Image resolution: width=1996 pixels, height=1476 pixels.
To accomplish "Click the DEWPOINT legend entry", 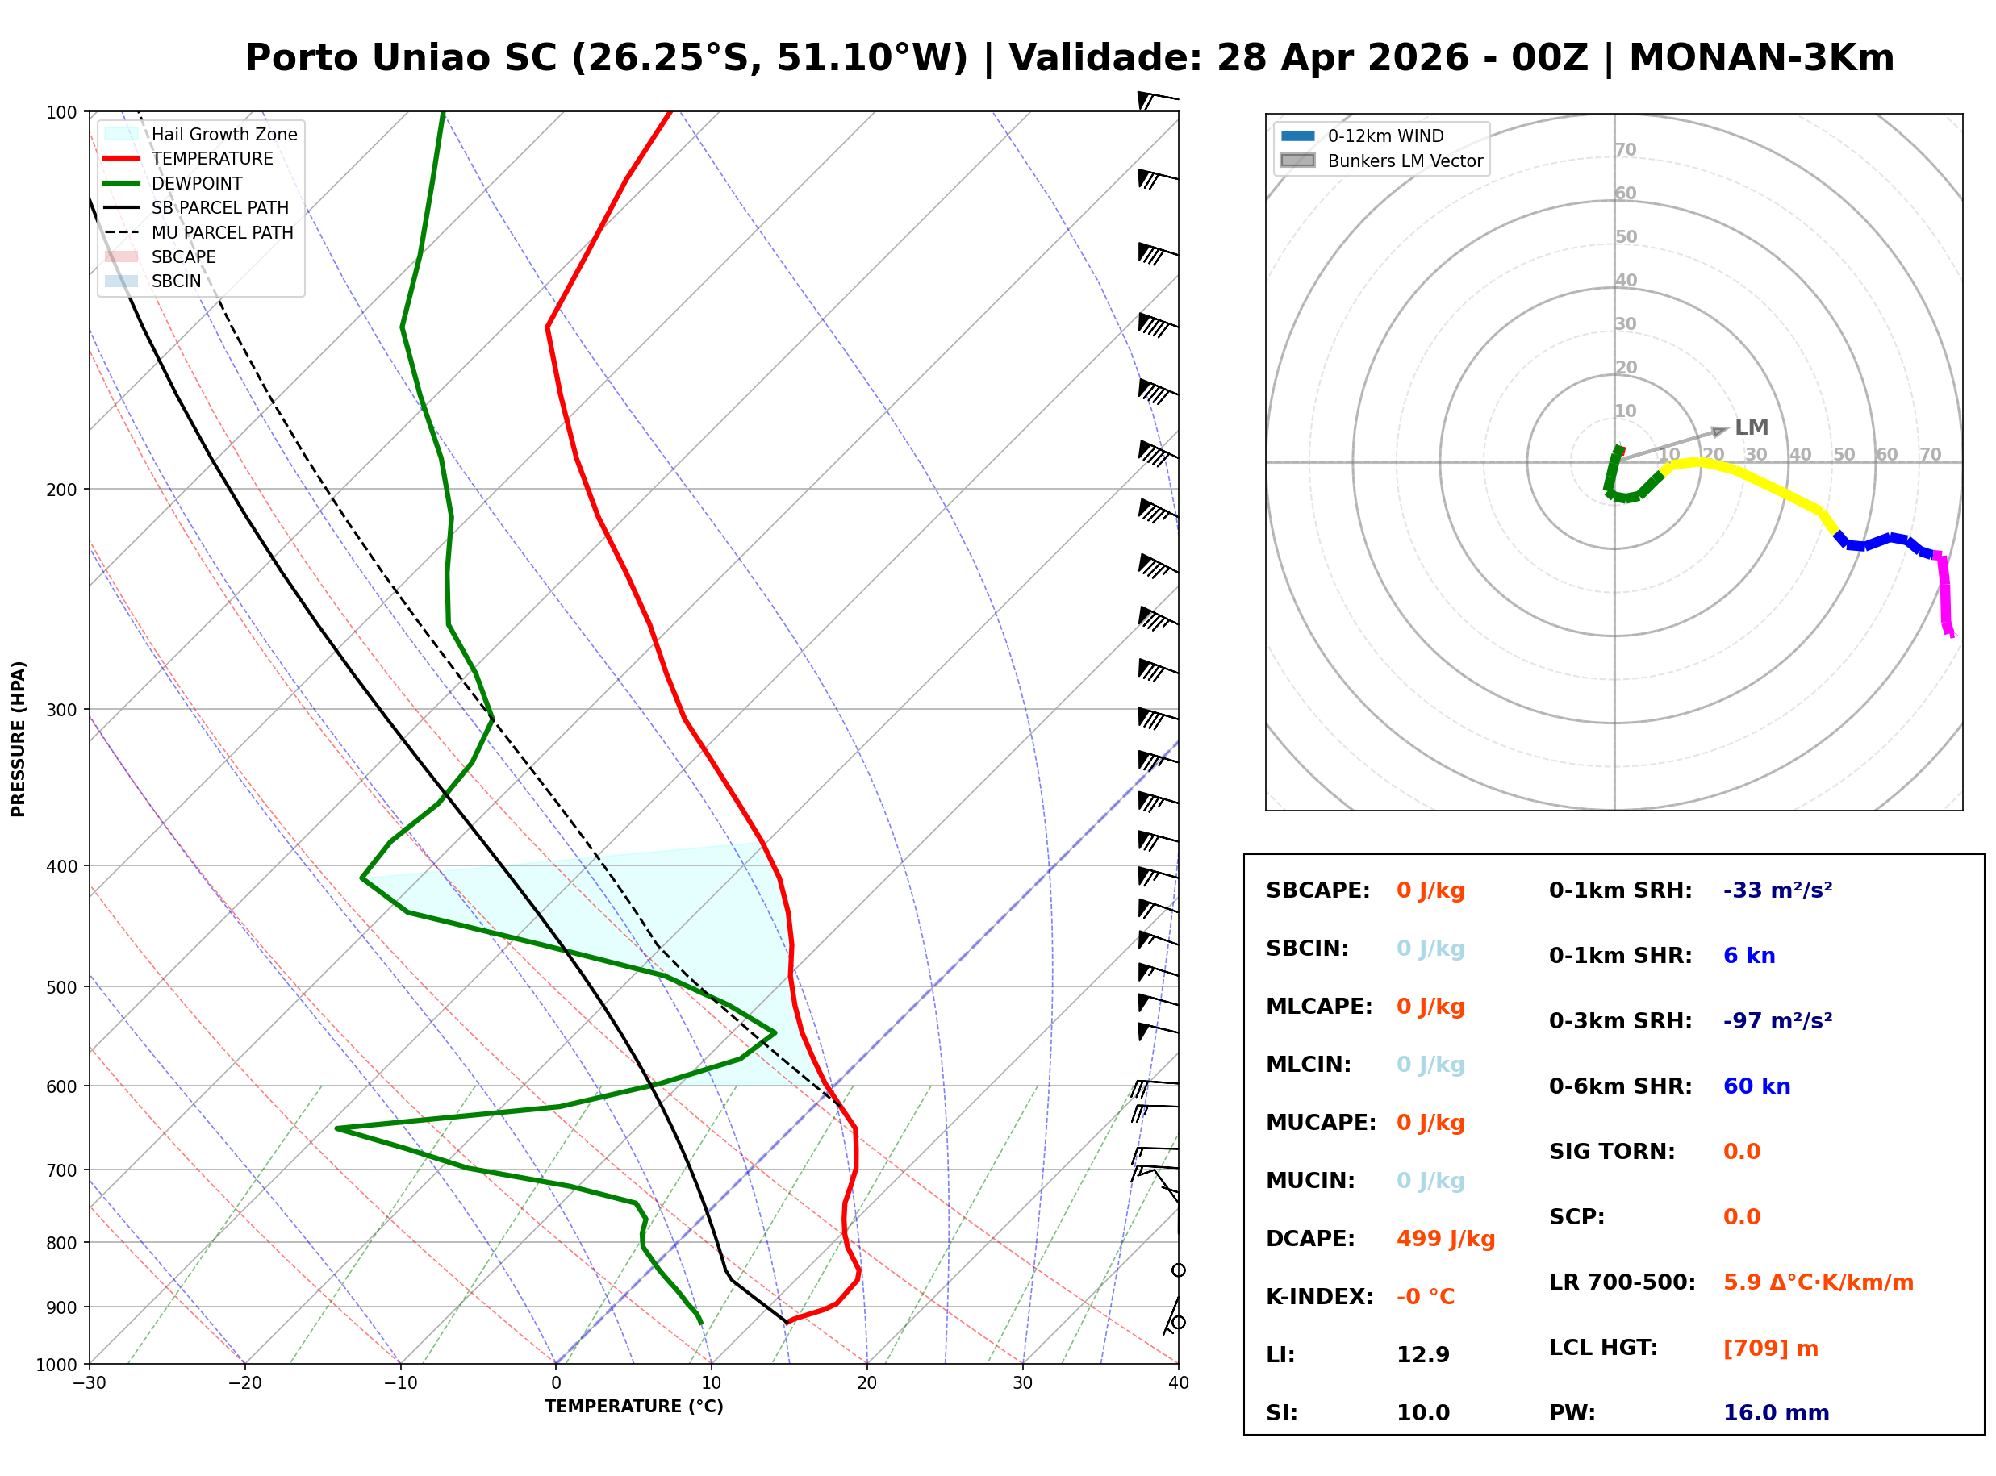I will [196, 183].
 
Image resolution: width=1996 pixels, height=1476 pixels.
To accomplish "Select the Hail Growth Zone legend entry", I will [223, 134].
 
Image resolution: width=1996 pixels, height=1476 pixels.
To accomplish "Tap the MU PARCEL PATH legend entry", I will [222, 232].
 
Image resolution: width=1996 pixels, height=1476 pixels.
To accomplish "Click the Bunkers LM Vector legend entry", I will [1404, 161].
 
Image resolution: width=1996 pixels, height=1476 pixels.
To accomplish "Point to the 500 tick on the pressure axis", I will [61, 987].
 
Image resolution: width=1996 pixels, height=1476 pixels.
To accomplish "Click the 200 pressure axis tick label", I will [61, 490].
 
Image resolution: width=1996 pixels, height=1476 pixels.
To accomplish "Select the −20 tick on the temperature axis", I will [244, 1383].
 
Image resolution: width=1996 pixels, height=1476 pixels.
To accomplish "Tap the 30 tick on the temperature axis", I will [1022, 1383].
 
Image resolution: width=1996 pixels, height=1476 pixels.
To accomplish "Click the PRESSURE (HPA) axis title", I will [19, 739].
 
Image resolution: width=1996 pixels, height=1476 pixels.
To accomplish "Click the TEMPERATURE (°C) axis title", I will [633, 1407].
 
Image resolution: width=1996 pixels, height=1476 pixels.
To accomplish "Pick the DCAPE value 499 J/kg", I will [1445, 1239].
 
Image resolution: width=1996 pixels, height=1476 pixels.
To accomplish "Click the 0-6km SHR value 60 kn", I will [1756, 1086].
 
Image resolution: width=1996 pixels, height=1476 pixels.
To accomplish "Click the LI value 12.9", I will [1422, 1355].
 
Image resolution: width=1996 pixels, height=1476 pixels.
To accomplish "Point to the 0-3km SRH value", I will [1777, 1021].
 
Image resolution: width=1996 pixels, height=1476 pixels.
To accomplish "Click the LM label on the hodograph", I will [1752, 427].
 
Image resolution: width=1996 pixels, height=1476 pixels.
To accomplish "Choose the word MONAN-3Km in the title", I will [1761, 58].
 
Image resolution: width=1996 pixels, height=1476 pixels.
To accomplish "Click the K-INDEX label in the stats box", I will [1319, 1297].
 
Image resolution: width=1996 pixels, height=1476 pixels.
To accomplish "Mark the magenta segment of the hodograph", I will [1944, 594].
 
